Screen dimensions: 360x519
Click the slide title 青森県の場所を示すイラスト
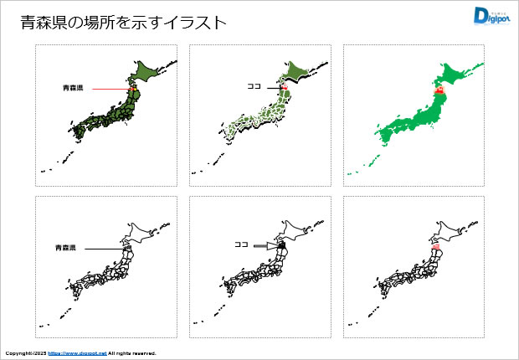[123, 23]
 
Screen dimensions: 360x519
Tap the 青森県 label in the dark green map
[73, 87]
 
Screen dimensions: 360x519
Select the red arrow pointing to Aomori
[108, 88]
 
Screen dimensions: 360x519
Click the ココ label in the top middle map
[254, 85]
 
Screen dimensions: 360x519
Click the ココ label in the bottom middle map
[241, 245]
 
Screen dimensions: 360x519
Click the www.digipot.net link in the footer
[78, 353]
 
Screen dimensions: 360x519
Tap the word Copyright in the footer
[20, 353]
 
